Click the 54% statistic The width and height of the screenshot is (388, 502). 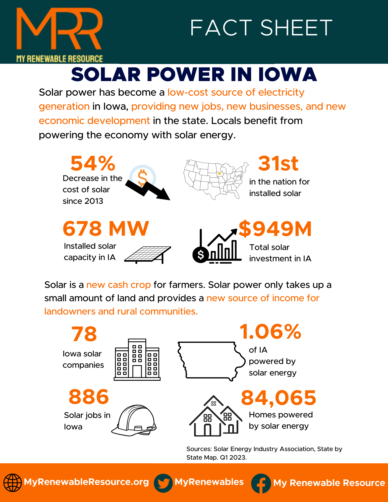coord(93,163)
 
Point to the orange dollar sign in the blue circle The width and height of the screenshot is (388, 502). coord(142,177)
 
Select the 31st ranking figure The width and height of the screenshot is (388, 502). coord(278,163)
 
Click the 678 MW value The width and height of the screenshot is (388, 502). coord(106,229)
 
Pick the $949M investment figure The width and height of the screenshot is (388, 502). coord(275,229)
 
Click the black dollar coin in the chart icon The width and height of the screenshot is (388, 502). coord(200,255)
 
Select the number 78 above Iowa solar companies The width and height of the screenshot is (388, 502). coord(84,334)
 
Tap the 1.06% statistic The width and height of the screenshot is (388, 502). coord(270,332)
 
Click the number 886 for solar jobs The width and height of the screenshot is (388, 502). coord(89,397)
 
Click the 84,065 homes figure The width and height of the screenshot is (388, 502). coord(279,398)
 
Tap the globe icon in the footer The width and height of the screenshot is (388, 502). coord(12,482)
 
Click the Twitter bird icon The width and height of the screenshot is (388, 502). coord(163,483)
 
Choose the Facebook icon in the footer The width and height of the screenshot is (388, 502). coord(261,483)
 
